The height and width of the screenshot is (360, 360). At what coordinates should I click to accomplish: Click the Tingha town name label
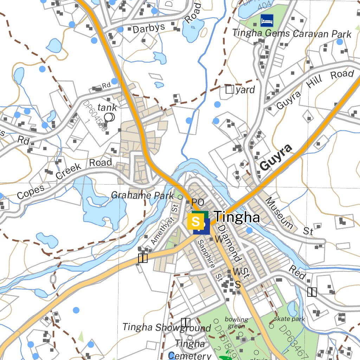[x=237, y=217]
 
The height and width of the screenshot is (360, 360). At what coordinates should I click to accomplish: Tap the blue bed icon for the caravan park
[x=267, y=20]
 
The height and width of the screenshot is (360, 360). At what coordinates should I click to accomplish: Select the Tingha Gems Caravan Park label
[x=291, y=34]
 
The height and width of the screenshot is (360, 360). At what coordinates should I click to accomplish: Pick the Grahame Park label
[x=142, y=195]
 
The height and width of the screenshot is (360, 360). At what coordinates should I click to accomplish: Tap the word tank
[x=107, y=107]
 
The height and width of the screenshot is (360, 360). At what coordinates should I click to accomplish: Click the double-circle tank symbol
[x=110, y=117]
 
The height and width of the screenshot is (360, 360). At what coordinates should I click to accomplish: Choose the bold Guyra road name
[x=276, y=157]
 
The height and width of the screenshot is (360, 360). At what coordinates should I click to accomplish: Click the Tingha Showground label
[x=166, y=328]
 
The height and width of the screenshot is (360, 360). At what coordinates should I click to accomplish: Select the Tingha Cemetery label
[x=190, y=349]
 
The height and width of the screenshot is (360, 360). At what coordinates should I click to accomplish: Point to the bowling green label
[x=236, y=323]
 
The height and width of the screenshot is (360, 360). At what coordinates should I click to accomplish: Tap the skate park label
[x=289, y=319]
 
